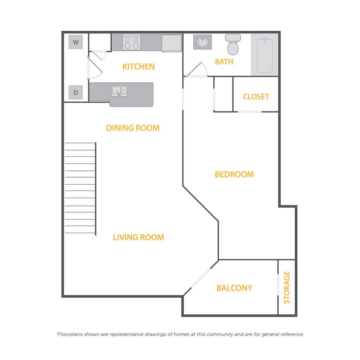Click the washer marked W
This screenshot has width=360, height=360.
point(75,42)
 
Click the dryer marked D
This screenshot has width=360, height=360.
point(75,92)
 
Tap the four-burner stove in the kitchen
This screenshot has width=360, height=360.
point(131,43)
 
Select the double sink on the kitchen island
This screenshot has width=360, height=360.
point(119,91)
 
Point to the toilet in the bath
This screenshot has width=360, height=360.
point(233,44)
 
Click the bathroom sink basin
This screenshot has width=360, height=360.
point(203,42)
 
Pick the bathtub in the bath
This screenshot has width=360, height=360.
point(265,55)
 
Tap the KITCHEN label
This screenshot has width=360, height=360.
point(139,67)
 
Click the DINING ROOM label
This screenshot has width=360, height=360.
point(133,128)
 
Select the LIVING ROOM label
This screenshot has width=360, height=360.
point(139,238)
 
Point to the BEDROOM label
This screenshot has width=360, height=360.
point(234,174)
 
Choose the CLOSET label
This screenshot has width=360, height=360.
point(256,97)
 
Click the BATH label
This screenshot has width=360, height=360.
point(224,62)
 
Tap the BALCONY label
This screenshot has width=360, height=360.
point(234,288)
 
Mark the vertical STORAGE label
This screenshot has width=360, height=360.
point(287,287)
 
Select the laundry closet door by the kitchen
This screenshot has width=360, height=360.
point(95,68)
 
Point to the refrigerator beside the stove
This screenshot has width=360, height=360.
point(171,43)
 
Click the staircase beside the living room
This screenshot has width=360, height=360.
point(80,188)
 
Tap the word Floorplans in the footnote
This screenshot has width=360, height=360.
point(70,334)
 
